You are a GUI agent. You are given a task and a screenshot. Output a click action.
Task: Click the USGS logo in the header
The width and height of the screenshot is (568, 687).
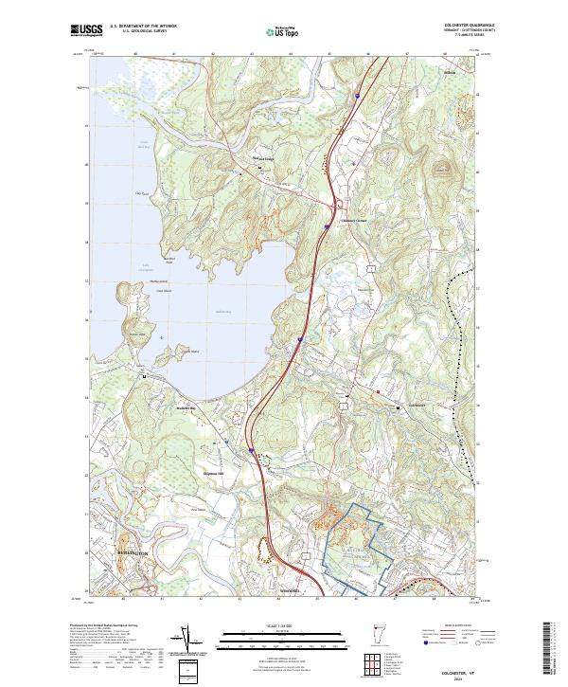tap(86, 31)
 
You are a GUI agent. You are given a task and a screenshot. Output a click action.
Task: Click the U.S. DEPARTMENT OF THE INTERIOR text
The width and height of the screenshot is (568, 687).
tap(141, 26)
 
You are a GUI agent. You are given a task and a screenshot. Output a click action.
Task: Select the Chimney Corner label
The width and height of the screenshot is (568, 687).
tap(351, 223)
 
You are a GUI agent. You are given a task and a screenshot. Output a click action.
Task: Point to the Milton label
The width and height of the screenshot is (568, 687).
tap(449, 72)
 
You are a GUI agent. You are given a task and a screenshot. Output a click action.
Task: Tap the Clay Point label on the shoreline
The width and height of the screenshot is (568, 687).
tap(144, 192)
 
